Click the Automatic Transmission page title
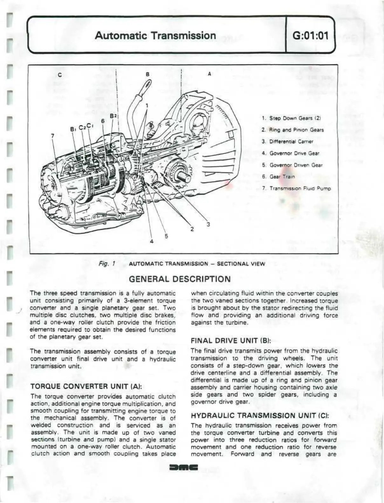pyautogui.click(x=155, y=35)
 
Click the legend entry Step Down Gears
pyautogui.click(x=291, y=118)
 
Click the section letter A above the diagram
pyautogui.click(x=209, y=74)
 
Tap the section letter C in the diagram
pyautogui.click(x=59, y=75)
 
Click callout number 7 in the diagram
pyautogui.click(x=53, y=136)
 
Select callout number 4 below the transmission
pyautogui.click(x=152, y=242)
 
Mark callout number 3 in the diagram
pyautogui.click(x=208, y=225)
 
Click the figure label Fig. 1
pyautogui.click(x=107, y=264)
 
